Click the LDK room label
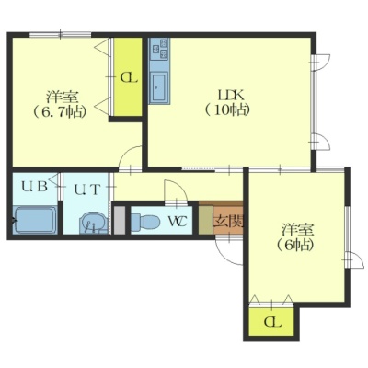(x=230, y=96)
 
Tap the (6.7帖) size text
(x=59, y=111)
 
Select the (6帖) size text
(x=295, y=245)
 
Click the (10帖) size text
(x=227, y=109)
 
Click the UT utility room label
(x=86, y=190)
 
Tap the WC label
(x=177, y=221)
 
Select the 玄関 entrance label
(x=228, y=221)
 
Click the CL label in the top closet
(x=128, y=78)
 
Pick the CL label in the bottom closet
(x=272, y=322)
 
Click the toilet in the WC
(x=144, y=221)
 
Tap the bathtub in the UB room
(x=36, y=220)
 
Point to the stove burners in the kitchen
(x=159, y=49)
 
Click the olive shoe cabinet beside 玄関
(x=205, y=220)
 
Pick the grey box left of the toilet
(x=120, y=221)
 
